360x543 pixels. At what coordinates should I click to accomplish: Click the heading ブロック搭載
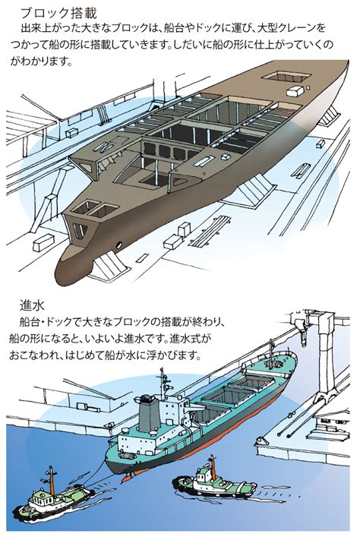coord(58,13)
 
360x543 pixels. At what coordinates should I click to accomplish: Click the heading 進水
coord(32,305)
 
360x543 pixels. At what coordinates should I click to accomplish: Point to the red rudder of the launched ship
coord(128,477)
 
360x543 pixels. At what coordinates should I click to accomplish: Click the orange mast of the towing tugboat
coord(52,481)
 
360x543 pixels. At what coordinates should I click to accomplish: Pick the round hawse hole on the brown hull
coord(118,245)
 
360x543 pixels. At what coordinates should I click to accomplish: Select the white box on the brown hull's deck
coord(295,91)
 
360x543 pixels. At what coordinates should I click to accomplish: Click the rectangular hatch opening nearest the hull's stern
coord(286,76)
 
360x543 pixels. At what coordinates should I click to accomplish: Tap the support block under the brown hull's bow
coord(107,265)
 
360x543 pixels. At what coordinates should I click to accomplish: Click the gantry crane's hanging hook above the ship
coord(304,339)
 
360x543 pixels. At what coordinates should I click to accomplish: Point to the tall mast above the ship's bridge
coord(163,384)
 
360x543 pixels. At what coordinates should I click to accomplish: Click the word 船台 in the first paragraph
coord(174,28)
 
